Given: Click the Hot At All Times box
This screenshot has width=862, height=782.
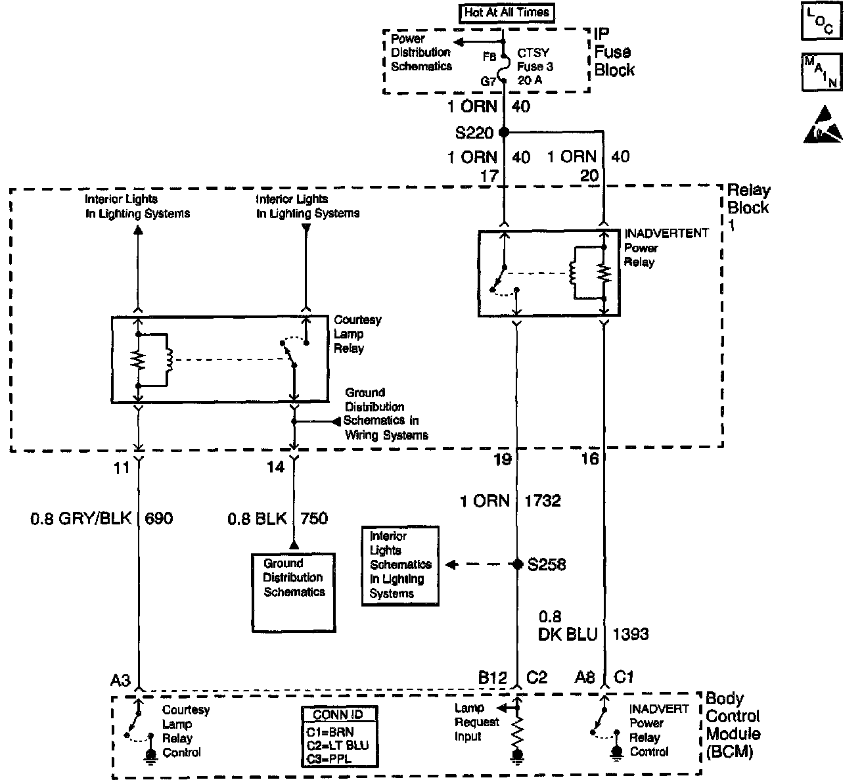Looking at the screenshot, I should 506,12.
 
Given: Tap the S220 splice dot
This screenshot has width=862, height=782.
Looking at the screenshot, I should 504,132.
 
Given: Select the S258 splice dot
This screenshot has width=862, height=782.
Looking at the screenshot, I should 517,564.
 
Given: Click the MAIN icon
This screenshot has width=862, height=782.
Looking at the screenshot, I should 821,72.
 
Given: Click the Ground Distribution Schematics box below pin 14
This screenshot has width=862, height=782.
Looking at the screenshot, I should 294,591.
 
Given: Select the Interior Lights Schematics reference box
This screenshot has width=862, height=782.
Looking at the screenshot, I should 400,565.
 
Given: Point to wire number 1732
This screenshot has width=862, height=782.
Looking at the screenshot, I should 543,501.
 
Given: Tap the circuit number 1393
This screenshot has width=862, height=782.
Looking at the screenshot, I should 630,633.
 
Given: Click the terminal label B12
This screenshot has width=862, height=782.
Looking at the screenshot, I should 493,677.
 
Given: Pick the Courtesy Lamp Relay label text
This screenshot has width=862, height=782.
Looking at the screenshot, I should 357,334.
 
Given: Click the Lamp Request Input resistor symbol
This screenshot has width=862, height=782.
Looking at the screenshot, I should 518,730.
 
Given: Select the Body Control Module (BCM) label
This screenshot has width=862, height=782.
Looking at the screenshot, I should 733,725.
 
